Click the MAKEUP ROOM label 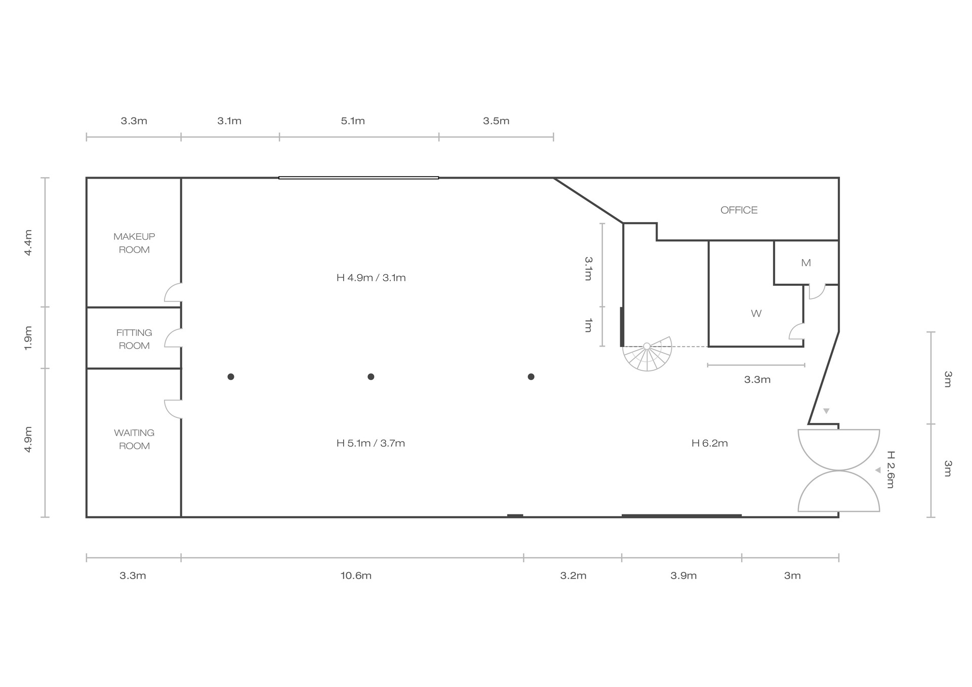pyautogui.click(x=134, y=243)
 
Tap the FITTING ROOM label pyautogui.click(x=134, y=339)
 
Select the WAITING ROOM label pyautogui.click(x=134, y=439)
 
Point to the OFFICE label pyautogui.click(x=739, y=210)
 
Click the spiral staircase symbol pyautogui.click(x=647, y=354)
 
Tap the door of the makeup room pyautogui.click(x=173, y=292)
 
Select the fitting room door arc pyautogui.click(x=173, y=338)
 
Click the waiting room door pyautogui.click(x=173, y=409)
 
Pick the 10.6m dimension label pyautogui.click(x=356, y=576)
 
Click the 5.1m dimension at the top pyautogui.click(x=353, y=121)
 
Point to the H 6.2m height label pyautogui.click(x=710, y=443)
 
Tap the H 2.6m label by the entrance pyautogui.click(x=891, y=469)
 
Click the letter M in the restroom pyautogui.click(x=806, y=263)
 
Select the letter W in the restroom pyautogui.click(x=756, y=314)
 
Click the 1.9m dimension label pyautogui.click(x=28, y=337)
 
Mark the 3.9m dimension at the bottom pyautogui.click(x=683, y=576)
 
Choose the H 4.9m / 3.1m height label pyautogui.click(x=371, y=278)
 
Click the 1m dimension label pyautogui.click(x=588, y=325)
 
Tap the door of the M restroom pyautogui.click(x=817, y=292)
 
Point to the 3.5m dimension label pyautogui.click(x=496, y=121)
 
